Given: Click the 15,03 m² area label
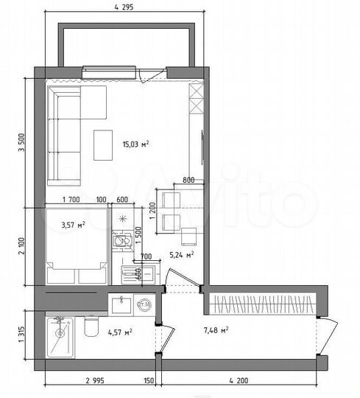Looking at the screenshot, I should coord(136,144).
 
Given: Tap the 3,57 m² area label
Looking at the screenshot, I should coord(74,224).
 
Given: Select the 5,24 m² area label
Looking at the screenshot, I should coord(181,255).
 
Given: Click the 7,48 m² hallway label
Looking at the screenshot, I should coord(214,329).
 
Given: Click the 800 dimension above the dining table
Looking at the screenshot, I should coord(188,181).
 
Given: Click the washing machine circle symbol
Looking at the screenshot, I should coord(144,303).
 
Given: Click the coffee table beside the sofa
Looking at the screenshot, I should coord(102,144).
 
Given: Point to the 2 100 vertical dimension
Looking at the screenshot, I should coord(21,248).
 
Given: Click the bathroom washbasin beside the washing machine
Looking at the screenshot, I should coord(121,302).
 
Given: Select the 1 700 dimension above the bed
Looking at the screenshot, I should coord(71,200).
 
